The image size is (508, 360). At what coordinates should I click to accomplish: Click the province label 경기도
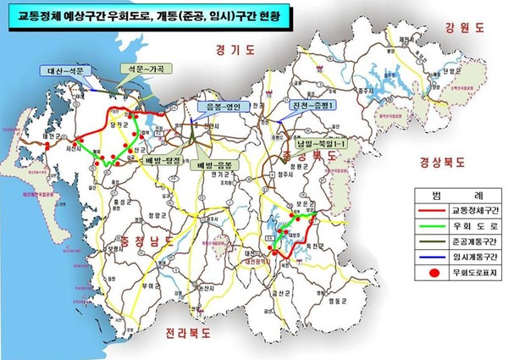click(x=235, y=50)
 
